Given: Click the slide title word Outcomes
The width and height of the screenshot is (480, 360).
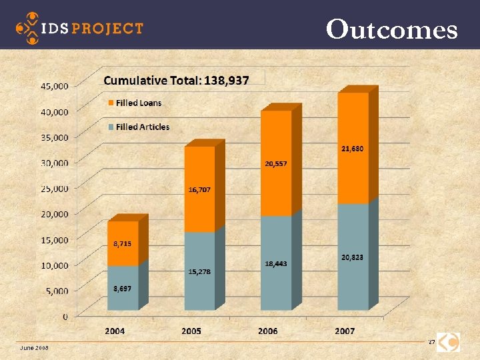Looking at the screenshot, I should (x=392, y=29).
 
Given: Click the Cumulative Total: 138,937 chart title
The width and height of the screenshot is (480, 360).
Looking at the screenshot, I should (x=176, y=81).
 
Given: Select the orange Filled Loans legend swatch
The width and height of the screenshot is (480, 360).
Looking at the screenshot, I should (x=111, y=103).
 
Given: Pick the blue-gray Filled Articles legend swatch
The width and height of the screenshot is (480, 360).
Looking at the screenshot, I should (x=111, y=127).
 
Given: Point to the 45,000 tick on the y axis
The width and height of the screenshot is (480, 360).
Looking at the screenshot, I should (x=55, y=86).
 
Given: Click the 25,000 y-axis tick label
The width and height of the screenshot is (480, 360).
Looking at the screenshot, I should (x=55, y=189).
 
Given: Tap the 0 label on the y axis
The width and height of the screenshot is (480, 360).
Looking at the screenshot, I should (x=65, y=317).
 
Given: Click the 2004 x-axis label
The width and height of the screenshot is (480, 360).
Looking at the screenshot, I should (x=115, y=331).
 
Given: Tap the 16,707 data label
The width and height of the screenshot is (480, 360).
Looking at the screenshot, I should (x=199, y=190).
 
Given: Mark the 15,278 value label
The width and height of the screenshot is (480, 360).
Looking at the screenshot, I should (x=199, y=271).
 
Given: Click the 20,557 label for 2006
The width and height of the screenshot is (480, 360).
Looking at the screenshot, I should (x=275, y=163).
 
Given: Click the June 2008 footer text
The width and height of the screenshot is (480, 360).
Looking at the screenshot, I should (x=34, y=347).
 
